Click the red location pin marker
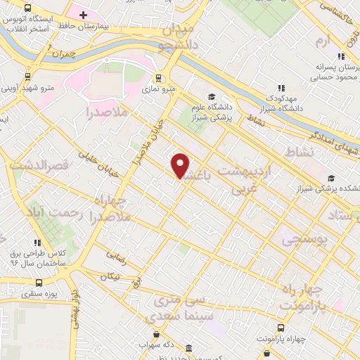tap(181, 165)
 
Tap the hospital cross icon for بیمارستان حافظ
tap(83, 14)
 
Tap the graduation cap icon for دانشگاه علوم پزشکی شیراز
tap(211, 97)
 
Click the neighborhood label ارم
tap(323, 42)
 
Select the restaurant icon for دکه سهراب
tap(155, 336)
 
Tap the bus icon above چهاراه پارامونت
tap(281, 328)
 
